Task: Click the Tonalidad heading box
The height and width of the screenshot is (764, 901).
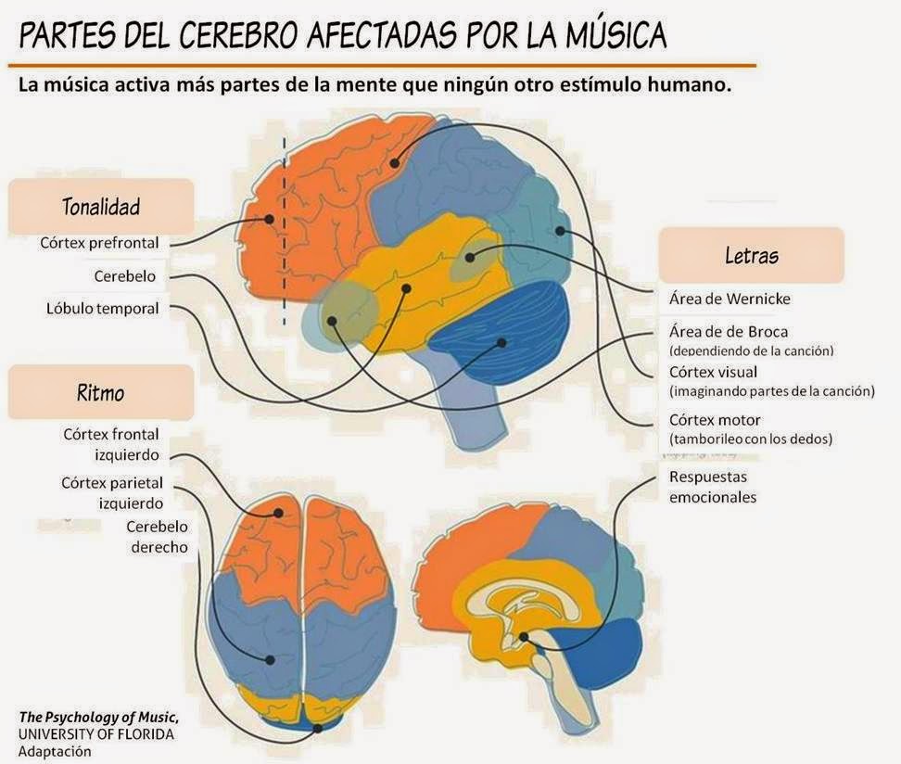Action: [101, 206]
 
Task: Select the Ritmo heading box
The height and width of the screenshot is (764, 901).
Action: [101, 392]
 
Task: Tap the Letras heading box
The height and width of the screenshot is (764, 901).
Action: [751, 255]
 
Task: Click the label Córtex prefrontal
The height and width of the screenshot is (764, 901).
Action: [99, 243]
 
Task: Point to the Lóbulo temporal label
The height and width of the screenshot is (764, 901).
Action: [102, 308]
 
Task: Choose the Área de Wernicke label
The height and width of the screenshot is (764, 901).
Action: [730, 299]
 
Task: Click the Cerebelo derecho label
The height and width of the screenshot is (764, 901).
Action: [159, 537]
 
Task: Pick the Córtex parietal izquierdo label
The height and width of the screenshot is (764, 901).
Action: [112, 492]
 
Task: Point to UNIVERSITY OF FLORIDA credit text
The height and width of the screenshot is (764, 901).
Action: [95, 734]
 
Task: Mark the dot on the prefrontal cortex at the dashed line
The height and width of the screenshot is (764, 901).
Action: [269, 219]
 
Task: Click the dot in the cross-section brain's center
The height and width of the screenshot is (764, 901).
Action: [525, 637]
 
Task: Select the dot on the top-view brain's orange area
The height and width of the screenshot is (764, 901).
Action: [278, 512]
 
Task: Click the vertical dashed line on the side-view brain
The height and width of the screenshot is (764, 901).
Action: [285, 232]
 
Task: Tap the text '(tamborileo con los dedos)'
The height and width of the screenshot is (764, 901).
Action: [751, 439]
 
